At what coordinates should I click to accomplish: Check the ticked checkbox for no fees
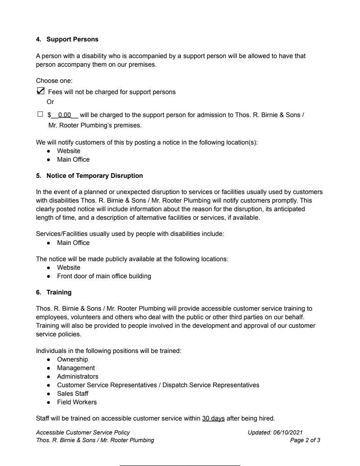click(x=40, y=91)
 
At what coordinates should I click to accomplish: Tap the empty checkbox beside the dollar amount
click(x=40, y=115)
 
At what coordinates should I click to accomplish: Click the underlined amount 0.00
click(x=65, y=115)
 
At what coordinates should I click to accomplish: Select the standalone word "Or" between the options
click(x=51, y=102)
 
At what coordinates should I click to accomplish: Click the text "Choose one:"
click(x=51, y=81)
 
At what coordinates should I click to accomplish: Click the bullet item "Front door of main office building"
click(x=104, y=276)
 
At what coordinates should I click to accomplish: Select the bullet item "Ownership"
click(x=72, y=360)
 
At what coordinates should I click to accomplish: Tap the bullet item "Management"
click(x=76, y=368)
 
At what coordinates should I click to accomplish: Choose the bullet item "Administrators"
click(x=77, y=376)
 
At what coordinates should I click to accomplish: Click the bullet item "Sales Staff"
click(x=72, y=394)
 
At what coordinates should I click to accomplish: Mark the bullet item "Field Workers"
click(x=76, y=402)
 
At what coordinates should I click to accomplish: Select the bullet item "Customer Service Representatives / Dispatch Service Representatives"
click(x=158, y=385)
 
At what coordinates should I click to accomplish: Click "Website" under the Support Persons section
click(x=68, y=151)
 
